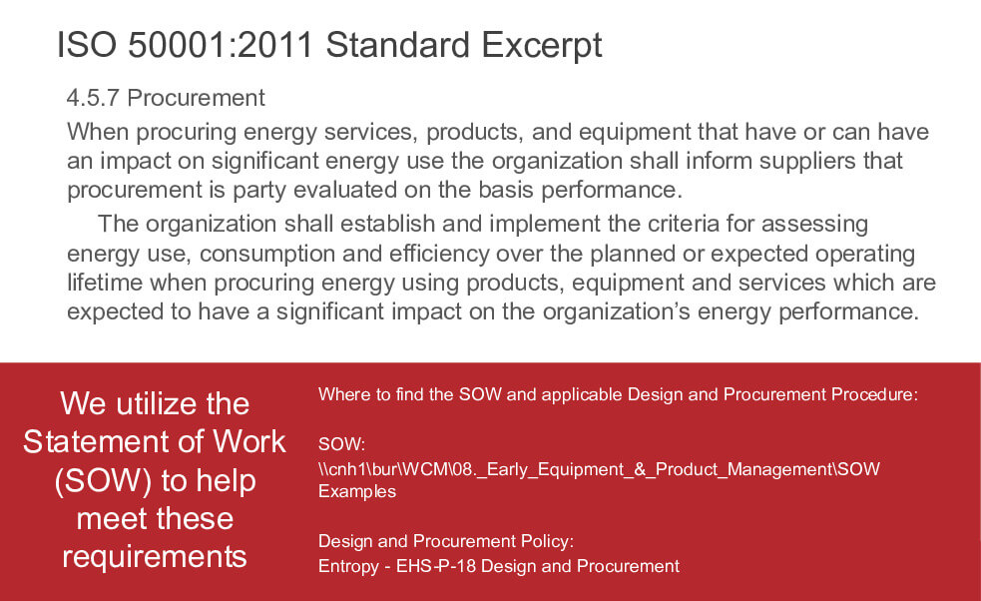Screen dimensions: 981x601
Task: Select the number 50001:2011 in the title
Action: click(x=221, y=45)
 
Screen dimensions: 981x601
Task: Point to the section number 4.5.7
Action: click(x=93, y=98)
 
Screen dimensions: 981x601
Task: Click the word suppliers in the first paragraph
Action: click(x=807, y=162)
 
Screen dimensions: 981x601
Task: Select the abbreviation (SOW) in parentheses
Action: click(x=103, y=481)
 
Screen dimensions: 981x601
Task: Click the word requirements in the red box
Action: click(x=155, y=556)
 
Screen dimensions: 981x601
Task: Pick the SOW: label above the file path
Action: click(x=341, y=444)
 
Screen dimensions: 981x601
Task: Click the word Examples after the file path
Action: click(x=357, y=492)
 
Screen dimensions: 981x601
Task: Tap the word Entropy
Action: click(x=348, y=567)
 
